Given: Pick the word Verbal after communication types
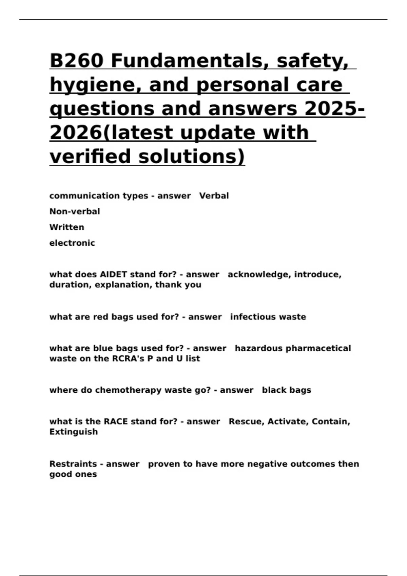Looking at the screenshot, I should [x=214, y=196].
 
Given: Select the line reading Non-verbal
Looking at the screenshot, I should [x=75, y=212].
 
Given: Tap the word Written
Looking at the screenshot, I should [x=67, y=227].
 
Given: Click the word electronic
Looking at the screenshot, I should [x=72, y=243].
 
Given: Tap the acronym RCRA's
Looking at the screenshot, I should [x=129, y=358].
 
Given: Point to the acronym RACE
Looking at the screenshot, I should [x=116, y=421].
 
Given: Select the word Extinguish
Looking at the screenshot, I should [x=74, y=432].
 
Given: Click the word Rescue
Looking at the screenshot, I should [x=246, y=421].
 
